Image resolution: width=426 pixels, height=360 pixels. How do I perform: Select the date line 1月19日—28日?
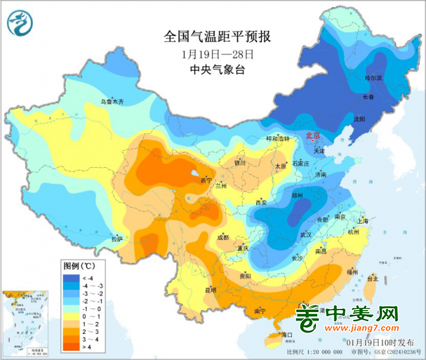pos(216,54)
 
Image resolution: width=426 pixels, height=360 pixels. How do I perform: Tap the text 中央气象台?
pos(216,70)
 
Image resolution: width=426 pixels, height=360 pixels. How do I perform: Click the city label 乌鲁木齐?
pos(111,102)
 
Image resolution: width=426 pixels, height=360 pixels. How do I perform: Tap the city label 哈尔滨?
pos(373,78)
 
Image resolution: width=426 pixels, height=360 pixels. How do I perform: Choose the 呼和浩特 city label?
pos(263,139)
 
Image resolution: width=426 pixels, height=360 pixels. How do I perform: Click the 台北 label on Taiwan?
pos(372,279)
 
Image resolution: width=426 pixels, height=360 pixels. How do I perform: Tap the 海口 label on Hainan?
pos(285,335)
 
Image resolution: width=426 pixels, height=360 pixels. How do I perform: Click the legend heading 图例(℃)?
pos(79,266)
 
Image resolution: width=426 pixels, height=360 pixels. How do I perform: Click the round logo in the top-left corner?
pos(20,23)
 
